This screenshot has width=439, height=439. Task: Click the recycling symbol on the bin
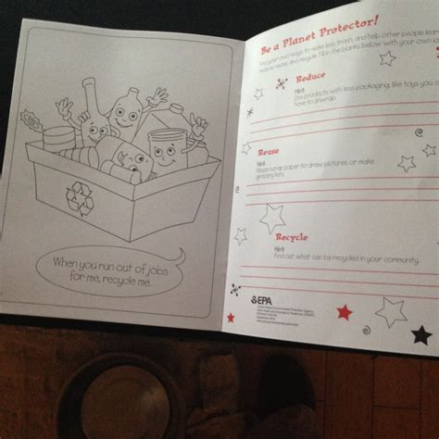[79, 192]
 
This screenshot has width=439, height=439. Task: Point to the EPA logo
[263, 298]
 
